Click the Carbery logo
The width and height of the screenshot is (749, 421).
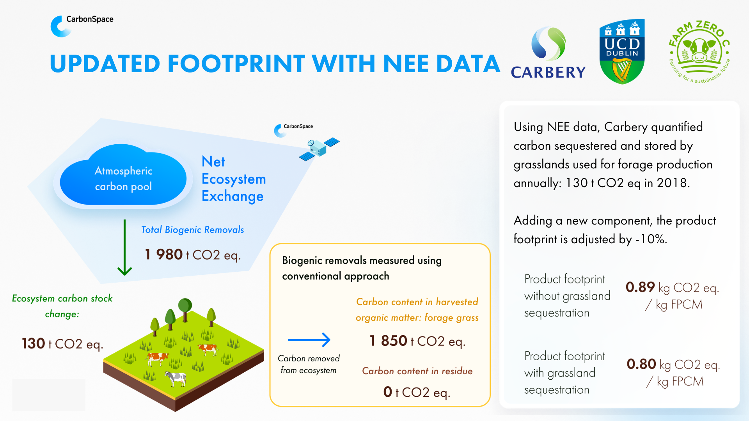[548, 53]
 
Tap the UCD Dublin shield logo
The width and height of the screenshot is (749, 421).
[622, 51]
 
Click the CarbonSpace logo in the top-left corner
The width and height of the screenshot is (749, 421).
[82, 26]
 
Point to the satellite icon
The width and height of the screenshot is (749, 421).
[319, 149]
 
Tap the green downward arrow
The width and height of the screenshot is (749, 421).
[125, 247]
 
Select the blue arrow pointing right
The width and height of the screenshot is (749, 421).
[309, 340]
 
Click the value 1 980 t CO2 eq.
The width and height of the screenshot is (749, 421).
[193, 255]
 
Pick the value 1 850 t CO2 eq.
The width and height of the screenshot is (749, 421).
[417, 341]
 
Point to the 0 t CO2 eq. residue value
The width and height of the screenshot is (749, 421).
[417, 392]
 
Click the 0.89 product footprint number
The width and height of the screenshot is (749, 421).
[640, 287]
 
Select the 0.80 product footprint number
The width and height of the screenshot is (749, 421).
[641, 364]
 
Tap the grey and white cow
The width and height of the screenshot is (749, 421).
[175, 378]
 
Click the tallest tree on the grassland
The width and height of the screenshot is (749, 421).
[185, 310]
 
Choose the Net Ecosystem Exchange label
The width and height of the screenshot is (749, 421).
[234, 179]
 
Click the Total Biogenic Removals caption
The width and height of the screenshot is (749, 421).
[192, 230]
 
